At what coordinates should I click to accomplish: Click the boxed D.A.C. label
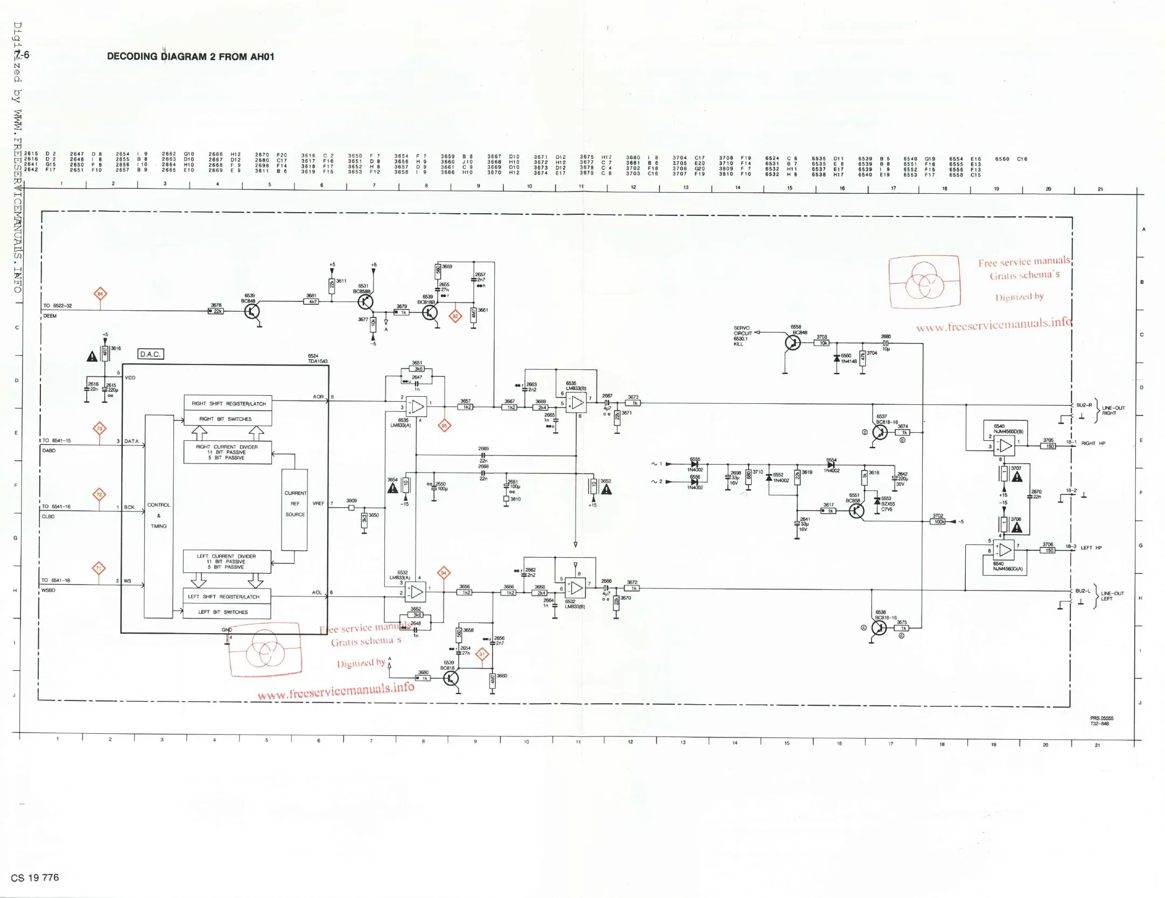pyautogui.click(x=150, y=354)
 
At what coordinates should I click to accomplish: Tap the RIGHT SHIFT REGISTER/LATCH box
pyautogui.click(x=228, y=403)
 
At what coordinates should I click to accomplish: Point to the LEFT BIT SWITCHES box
pyautogui.click(x=227, y=612)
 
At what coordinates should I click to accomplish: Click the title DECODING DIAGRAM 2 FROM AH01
pyautogui.click(x=191, y=57)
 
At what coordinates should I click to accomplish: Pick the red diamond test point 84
pyautogui.click(x=100, y=294)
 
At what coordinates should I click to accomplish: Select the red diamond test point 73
pyautogui.click(x=99, y=429)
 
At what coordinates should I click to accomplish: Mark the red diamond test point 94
pyautogui.click(x=444, y=573)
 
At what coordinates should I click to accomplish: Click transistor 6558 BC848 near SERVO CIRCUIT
pyautogui.click(x=792, y=342)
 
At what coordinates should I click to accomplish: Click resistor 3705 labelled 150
pyautogui.click(x=1048, y=446)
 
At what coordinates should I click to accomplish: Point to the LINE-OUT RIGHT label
pyautogui.click(x=1113, y=410)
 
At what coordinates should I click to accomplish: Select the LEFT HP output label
pyautogui.click(x=1091, y=548)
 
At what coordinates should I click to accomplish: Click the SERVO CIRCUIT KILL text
pyautogui.click(x=741, y=336)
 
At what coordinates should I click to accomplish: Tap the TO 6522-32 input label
pyautogui.click(x=58, y=306)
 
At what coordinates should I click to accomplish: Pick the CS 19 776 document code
pyautogui.click(x=35, y=878)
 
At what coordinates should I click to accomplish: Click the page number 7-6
pyautogui.click(x=22, y=55)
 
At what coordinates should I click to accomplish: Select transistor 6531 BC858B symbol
pyautogui.click(x=366, y=301)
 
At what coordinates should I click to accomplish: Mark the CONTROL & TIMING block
pyautogui.click(x=159, y=516)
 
